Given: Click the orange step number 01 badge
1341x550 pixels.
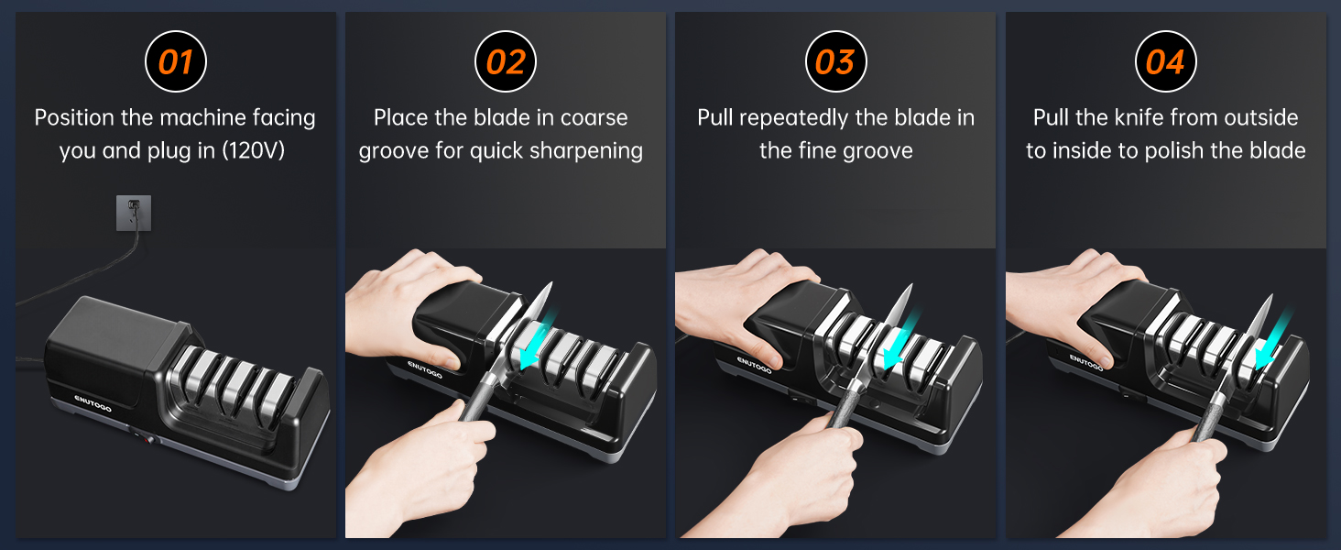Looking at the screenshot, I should pos(176,62).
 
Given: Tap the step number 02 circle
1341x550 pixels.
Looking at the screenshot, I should pos(506,62).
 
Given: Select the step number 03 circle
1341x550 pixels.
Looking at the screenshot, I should pos(835,62).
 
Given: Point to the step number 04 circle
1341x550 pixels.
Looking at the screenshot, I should pos(1165,62).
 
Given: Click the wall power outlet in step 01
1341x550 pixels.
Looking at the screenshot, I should pos(134,213).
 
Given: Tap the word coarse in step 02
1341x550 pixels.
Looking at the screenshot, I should pos(594,118).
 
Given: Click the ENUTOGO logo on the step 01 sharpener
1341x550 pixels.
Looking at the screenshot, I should pos(93,402).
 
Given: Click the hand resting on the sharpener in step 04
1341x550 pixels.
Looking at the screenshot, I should pos(1063,302).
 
